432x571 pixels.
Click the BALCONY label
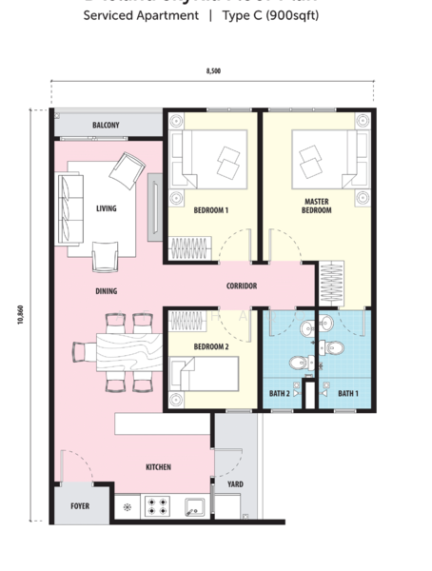(x=106, y=126)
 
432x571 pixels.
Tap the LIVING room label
(x=106, y=208)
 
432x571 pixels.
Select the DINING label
(x=106, y=291)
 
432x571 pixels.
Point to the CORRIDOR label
(x=242, y=285)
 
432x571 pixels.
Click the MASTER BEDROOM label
(x=317, y=206)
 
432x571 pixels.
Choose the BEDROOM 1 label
(x=210, y=209)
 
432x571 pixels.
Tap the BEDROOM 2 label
(x=210, y=347)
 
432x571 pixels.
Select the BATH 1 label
(x=347, y=392)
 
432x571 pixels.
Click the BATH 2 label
(x=280, y=392)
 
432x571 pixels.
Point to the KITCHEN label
(x=158, y=467)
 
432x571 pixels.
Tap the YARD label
(x=235, y=484)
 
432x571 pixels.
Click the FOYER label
(x=80, y=505)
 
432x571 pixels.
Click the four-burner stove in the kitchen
(x=157, y=506)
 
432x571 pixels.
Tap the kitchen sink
(x=195, y=506)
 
